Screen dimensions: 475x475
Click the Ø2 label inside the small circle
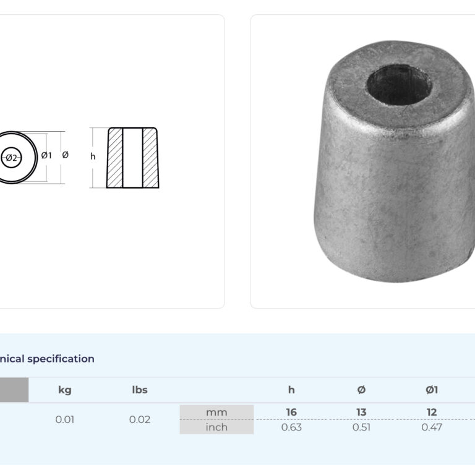(x=12, y=158)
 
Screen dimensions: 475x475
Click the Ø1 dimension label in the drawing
(x=46, y=155)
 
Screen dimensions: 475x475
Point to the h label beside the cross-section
(x=93, y=156)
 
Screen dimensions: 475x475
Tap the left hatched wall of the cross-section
(x=115, y=158)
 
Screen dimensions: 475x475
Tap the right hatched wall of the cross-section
(x=150, y=158)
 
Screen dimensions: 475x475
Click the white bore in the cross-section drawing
(x=133, y=158)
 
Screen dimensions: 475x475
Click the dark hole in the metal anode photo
(x=400, y=84)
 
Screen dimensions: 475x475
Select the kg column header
(x=65, y=390)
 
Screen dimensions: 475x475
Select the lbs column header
(x=140, y=390)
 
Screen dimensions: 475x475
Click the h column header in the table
(x=291, y=390)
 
